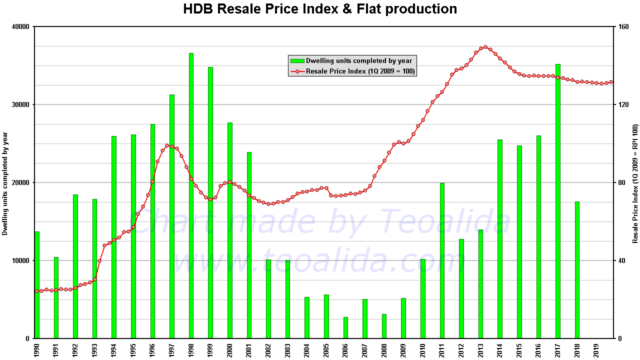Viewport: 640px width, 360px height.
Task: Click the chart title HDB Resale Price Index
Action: tap(320, 9)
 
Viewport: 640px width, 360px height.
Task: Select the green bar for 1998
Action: tap(191, 195)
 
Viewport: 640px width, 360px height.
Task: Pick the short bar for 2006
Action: tap(345, 327)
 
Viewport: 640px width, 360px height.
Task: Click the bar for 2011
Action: tap(442, 260)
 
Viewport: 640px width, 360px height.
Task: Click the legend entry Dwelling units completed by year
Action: tap(358, 61)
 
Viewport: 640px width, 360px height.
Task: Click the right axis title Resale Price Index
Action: tap(635, 183)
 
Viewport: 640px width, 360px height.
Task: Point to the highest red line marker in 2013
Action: tap(485, 47)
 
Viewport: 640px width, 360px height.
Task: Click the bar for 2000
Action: tap(230, 230)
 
